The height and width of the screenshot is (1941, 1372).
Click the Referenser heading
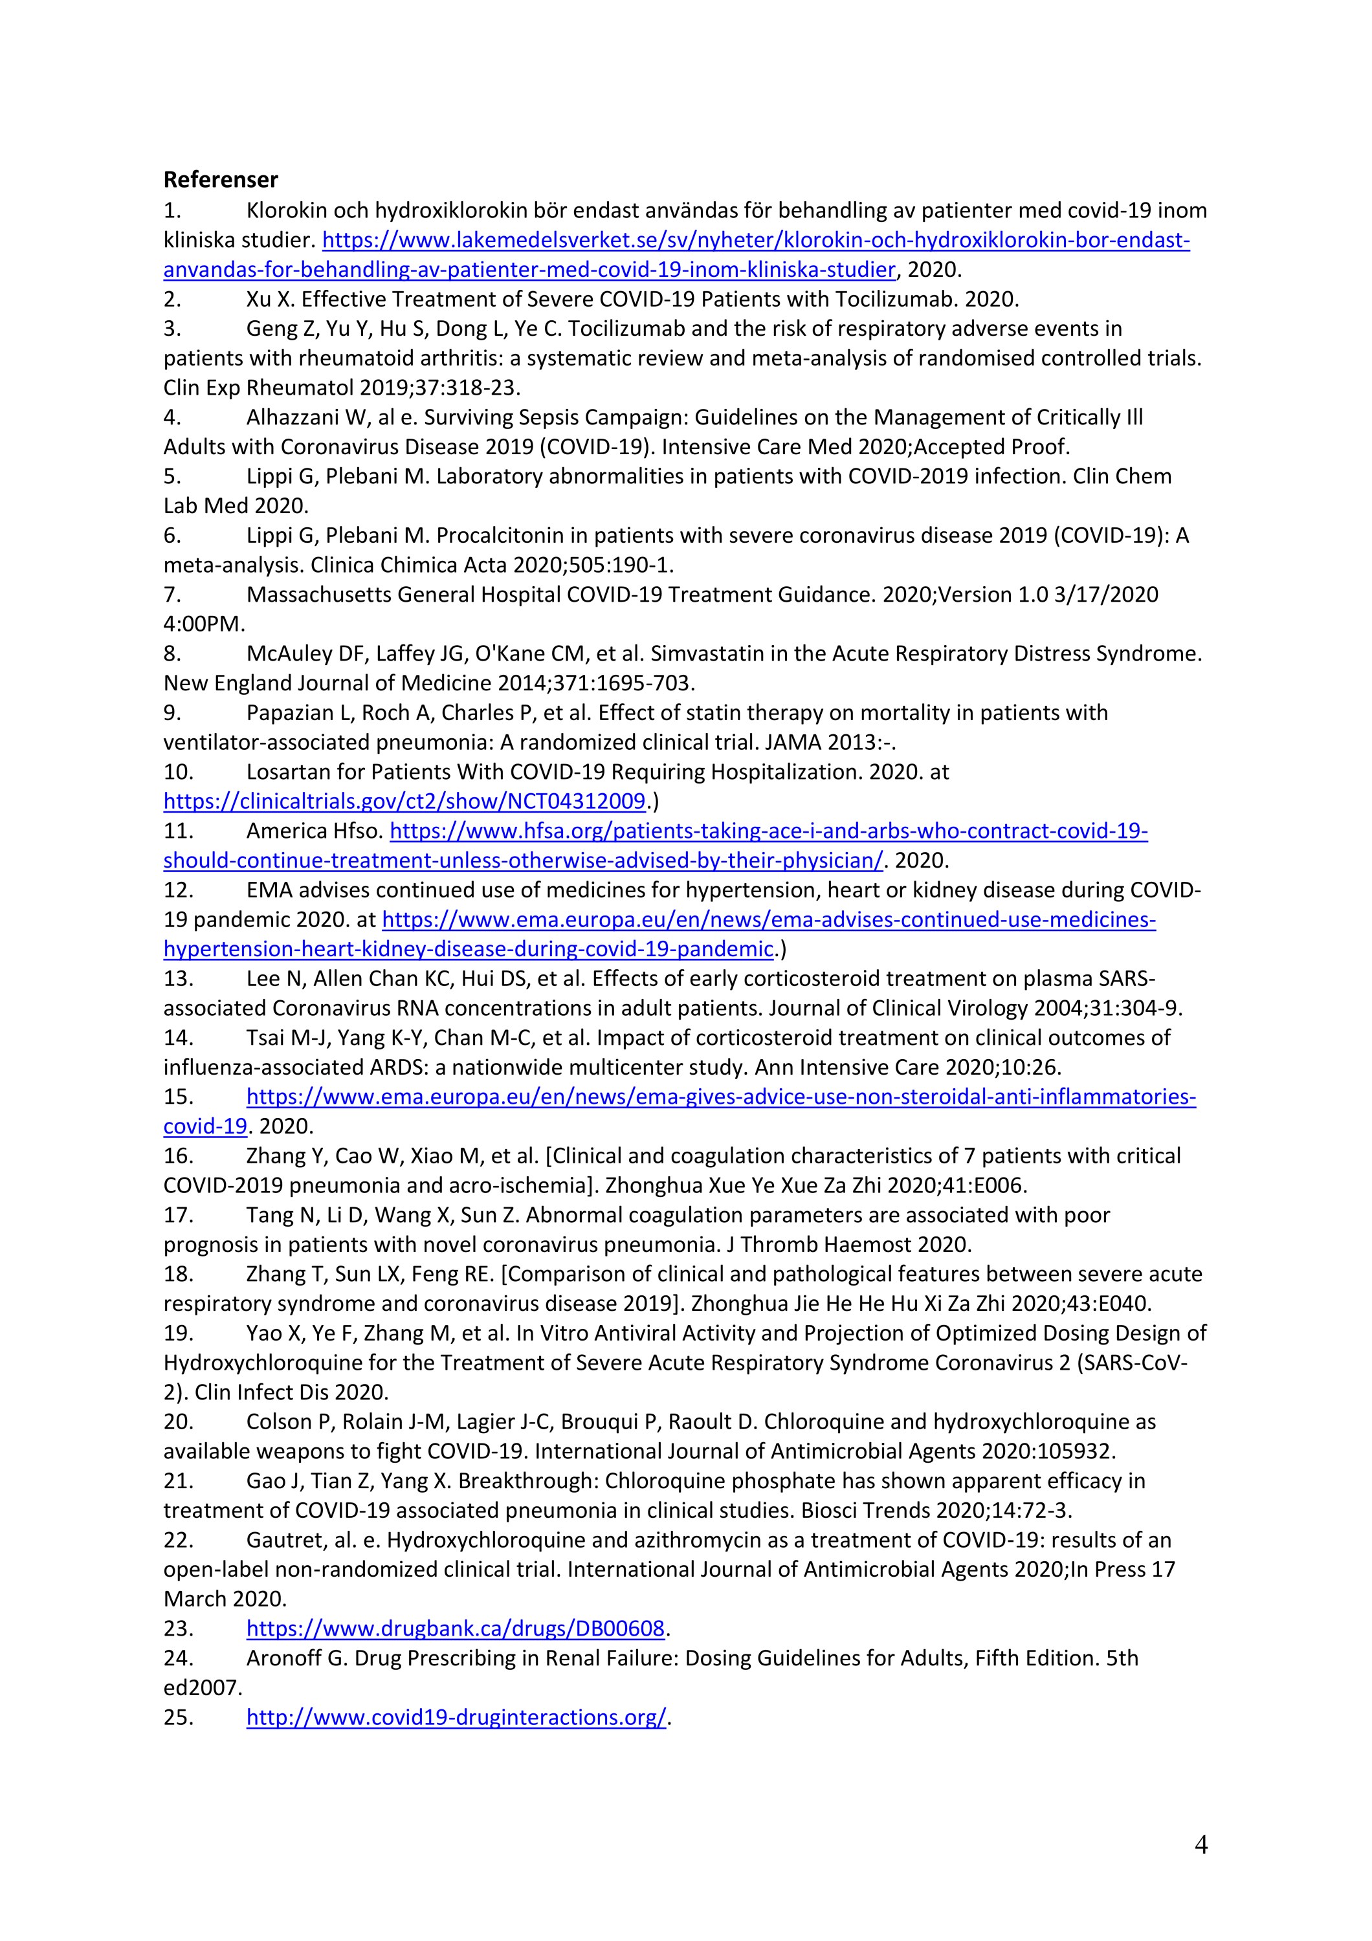(221, 180)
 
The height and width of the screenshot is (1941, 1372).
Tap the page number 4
(1200, 1845)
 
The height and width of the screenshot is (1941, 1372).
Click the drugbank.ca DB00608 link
(456, 1628)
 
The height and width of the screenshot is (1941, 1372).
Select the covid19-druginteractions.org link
(456, 1717)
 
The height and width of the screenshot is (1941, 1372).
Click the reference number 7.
(171, 595)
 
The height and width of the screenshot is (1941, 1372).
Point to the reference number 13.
(179, 978)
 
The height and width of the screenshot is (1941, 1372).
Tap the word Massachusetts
(318, 595)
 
